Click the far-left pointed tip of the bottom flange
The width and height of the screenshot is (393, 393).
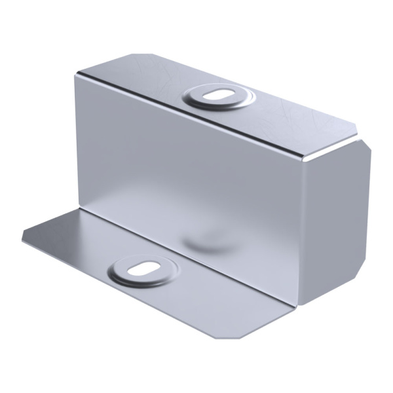23,237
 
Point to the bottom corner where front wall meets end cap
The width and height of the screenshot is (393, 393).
301,305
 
